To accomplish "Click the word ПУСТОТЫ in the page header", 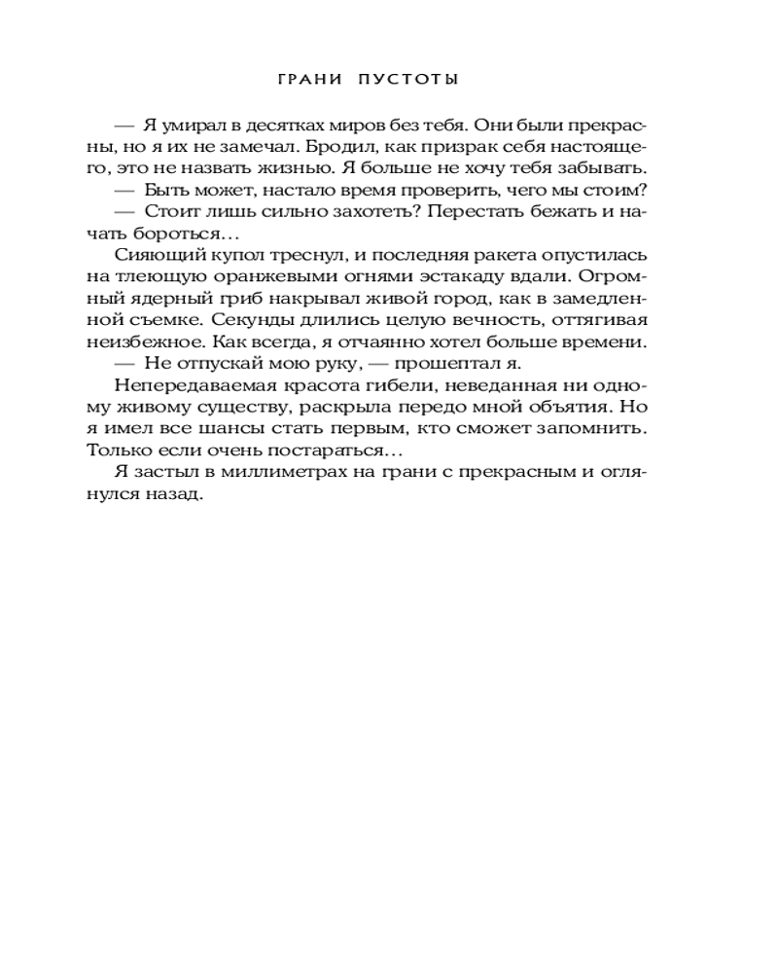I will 409,80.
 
